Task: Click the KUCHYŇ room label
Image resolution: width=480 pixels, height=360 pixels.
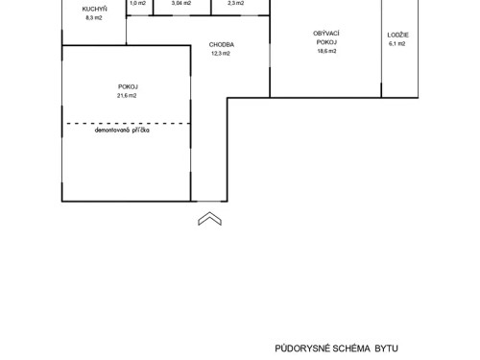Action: coord(94,10)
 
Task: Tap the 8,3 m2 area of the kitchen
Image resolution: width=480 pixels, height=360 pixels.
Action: coord(94,18)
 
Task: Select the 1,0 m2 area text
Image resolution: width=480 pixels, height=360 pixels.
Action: coord(136,3)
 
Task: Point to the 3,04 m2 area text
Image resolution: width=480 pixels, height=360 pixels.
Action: coord(180,3)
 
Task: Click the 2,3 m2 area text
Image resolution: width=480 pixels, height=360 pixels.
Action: coord(234,3)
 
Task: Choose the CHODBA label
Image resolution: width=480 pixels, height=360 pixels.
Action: coord(222,44)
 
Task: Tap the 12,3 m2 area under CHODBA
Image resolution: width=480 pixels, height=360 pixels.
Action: coord(222,53)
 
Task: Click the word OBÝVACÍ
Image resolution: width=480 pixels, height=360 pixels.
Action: coord(326,34)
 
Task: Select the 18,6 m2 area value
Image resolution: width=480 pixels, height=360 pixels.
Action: coord(326,52)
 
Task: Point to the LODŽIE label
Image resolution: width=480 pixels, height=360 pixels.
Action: coord(399,36)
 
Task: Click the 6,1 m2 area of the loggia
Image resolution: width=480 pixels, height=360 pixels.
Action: coord(399,44)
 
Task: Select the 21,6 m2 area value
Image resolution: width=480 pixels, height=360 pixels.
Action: coord(127,96)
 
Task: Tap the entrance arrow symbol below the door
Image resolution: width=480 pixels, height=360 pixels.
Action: coord(208,220)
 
